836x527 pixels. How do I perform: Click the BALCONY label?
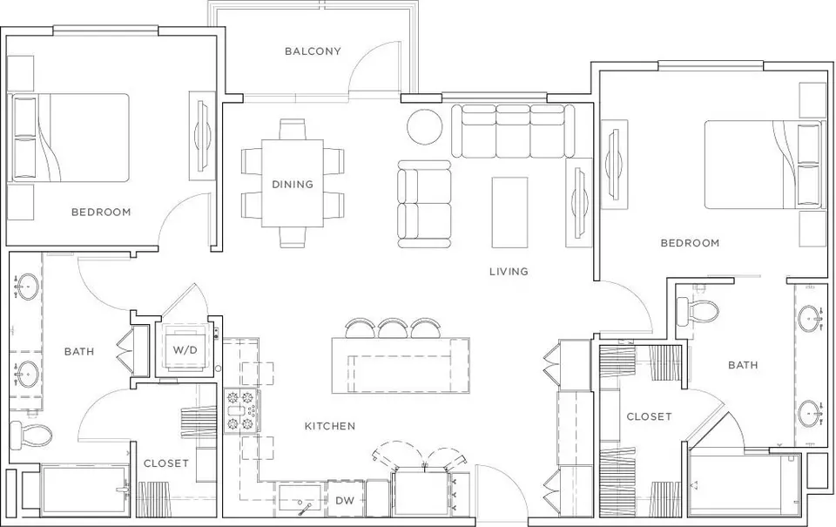tap(313, 51)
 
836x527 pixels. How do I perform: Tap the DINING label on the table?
tap(293, 185)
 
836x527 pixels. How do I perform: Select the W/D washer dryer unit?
tap(185, 350)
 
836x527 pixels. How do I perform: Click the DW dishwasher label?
tap(345, 501)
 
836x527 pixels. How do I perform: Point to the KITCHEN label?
tap(330, 426)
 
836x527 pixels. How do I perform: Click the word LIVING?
tap(509, 272)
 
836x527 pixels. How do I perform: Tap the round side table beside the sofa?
tap(424, 126)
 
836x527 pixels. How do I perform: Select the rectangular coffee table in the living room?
tap(509, 213)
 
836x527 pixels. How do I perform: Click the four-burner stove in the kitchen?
tap(241, 411)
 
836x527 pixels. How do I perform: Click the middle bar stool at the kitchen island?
tap(394, 328)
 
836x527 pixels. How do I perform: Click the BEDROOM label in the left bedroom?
tap(101, 213)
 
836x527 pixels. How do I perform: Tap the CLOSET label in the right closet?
tap(649, 416)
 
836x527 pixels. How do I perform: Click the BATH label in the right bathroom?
tap(743, 365)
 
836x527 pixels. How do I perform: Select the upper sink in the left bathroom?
tap(24, 287)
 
